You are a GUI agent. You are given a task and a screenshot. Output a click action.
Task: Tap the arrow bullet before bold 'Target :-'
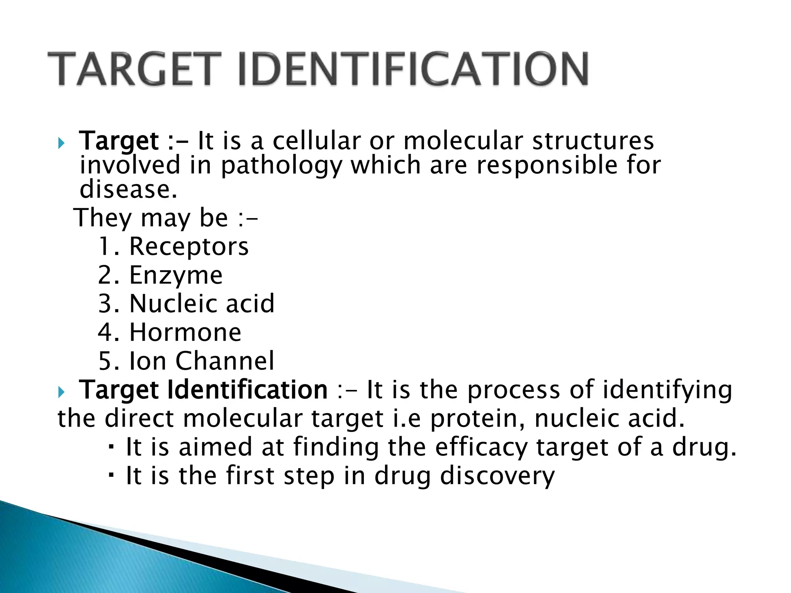click(61, 143)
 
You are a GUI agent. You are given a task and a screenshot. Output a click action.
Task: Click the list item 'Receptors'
click(189, 247)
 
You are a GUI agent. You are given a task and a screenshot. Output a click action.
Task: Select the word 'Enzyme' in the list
click(176, 275)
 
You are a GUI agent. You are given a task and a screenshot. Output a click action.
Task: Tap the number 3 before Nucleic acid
click(105, 304)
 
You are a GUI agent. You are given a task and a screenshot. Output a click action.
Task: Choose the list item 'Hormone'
click(185, 332)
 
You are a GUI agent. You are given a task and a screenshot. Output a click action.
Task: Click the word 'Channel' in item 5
click(225, 361)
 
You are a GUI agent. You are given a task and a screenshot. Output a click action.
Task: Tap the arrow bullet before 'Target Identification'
click(61, 392)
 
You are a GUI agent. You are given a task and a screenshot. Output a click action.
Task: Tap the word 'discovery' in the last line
click(497, 476)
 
